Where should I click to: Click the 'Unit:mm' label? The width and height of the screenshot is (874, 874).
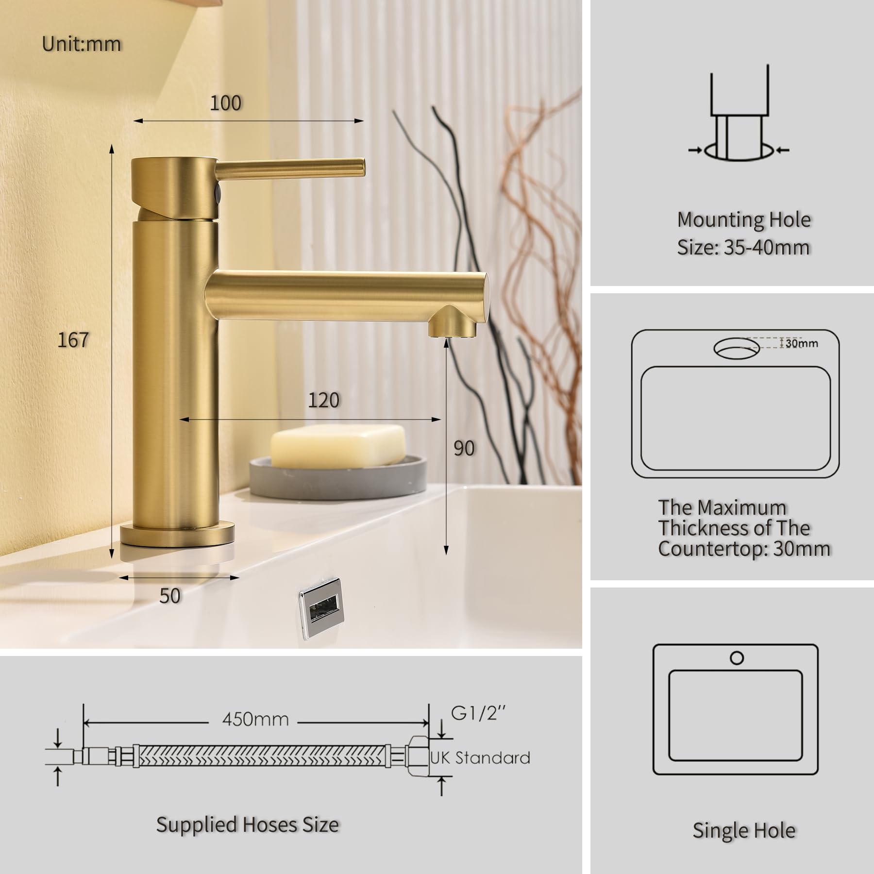pyautogui.click(x=82, y=44)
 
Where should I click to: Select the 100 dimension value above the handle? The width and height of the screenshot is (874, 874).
pyautogui.click(x=226, y=103)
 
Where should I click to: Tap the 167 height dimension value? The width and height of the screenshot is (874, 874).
pyautogui.click(x=73, y=340)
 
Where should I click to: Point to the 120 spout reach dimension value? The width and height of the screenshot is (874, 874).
pyautogui.click(x=324, y=400)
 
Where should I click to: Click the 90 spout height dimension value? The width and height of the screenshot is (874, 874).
pyautogui.click(x=464, y=448)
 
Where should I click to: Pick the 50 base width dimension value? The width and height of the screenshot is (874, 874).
pyautogui.click(x=170, y=596)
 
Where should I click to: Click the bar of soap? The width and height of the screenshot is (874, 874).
pyautogui.click(x=338, y=446)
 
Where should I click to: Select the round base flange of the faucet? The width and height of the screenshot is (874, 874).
pyautogui.click(x=178, y=535)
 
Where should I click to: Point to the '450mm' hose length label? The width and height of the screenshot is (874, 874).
pyautogui.click(x=255, y=719)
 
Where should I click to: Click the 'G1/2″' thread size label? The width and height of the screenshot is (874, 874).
pyautogui.click(x=478, y=713)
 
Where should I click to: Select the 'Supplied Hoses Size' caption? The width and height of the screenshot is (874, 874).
pyautogui.click(x=248, y=824)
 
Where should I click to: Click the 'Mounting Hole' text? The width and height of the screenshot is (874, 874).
pyautogui.click(x=744, y=220)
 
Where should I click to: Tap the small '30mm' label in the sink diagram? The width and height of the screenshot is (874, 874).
pyautogui.click(x=802, y=343)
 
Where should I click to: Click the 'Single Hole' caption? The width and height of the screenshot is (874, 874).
pyautogui.click(x=744, y=830)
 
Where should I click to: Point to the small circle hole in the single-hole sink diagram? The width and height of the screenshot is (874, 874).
pyautogui.click(x=737, y=658)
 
